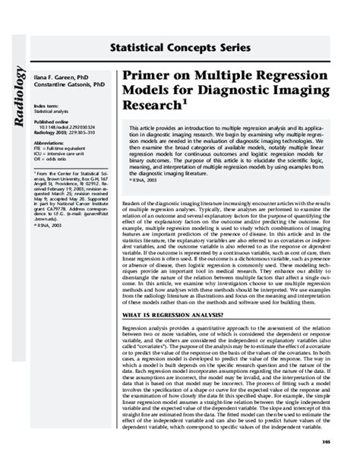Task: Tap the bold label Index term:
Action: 47,106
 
